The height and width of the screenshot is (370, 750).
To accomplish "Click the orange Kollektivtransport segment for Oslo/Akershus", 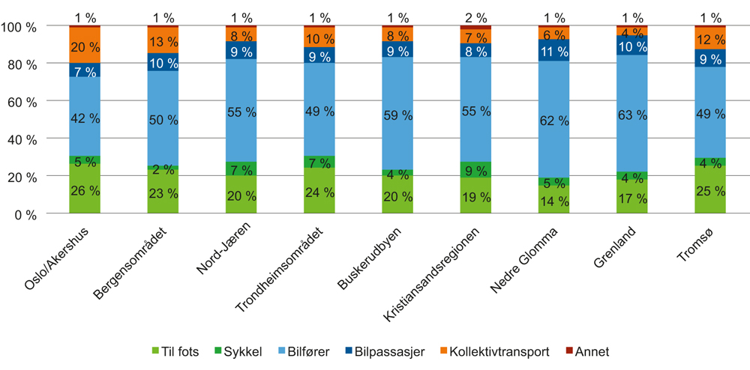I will (x=85, y=45).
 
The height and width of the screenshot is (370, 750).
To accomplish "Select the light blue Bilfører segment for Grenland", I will (x=632, y=115).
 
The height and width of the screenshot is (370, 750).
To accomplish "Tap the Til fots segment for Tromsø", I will (x=710, y=189).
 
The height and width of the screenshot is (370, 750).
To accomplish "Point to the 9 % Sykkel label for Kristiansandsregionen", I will (x=476, y=169).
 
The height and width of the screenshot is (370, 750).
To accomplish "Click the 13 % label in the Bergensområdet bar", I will (x=163, y=41).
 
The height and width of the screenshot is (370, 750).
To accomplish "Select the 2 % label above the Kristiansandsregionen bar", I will (x=476, y=16).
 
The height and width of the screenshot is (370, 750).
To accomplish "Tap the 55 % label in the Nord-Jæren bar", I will (x=241, y=111).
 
